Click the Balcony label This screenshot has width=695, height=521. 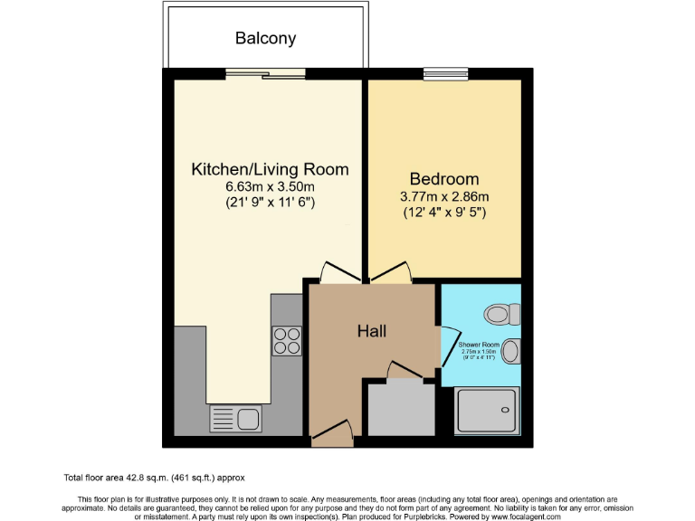tap(265, 38)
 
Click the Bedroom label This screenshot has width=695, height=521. tap(443, 178)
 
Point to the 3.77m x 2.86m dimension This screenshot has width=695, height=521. tap(443, 197)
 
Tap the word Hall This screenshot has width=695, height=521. tap(372, 331)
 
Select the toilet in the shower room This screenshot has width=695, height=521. tap(500, 314)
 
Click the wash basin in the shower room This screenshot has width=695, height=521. tap(511, 350)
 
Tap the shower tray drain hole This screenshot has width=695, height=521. tap(503, 409)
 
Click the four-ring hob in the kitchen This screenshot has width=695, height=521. tap(287, 340)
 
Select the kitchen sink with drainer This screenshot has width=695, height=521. tap(235, 418)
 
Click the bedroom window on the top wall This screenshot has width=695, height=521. tap(444, 74)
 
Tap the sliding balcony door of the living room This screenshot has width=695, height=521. tap(264, 74)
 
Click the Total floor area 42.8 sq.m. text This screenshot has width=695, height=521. tap(155, 477)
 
